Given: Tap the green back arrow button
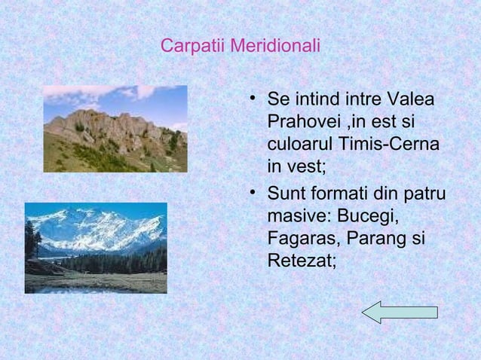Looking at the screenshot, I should pos(400,312).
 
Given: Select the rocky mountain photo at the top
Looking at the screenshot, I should pos(115,129).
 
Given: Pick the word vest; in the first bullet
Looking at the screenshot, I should pos(305,165).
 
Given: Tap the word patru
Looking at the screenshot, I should pos(423,195).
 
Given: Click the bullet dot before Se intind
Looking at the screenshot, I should pos(253,99).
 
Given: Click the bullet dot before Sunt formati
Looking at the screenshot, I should pos(253,194).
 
